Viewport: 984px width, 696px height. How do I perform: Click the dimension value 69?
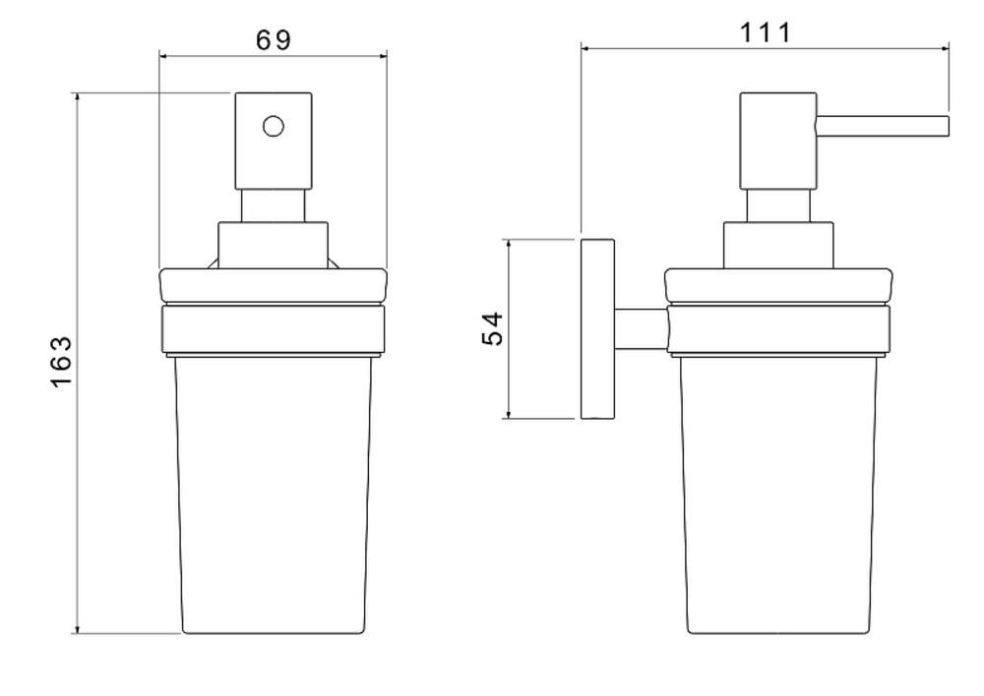click(274, 40)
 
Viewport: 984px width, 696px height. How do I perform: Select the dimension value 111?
click(766, 32)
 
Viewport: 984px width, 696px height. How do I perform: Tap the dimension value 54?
click(493, 328)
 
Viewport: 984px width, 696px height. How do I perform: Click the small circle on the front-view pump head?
click(273, 126)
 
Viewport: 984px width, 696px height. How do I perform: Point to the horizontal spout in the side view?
click(882, 126)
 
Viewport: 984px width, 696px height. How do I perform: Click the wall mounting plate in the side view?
click(597, 328)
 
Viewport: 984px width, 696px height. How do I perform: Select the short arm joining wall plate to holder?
click(642, 328)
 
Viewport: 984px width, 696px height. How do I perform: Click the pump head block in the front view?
click(274, 142)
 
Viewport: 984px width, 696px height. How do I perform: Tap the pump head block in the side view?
click(778, 142)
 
